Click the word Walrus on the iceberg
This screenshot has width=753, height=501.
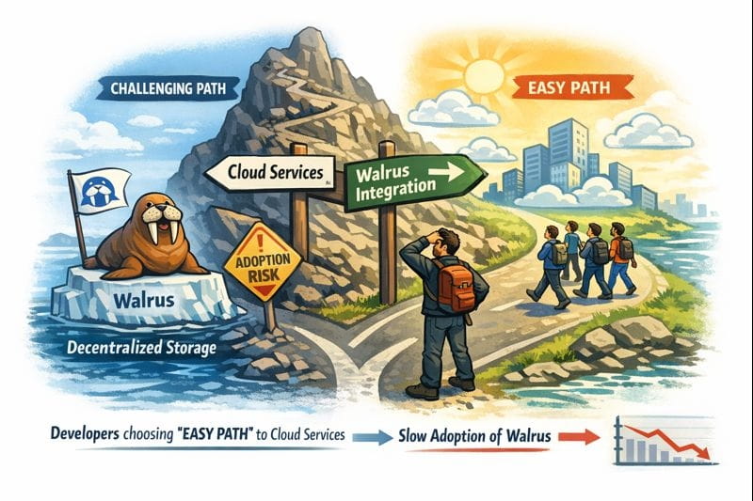[x=145, y=303]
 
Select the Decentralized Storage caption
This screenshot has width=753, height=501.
[x=143, y=350]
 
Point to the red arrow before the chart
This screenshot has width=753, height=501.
[x=584, y=435]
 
